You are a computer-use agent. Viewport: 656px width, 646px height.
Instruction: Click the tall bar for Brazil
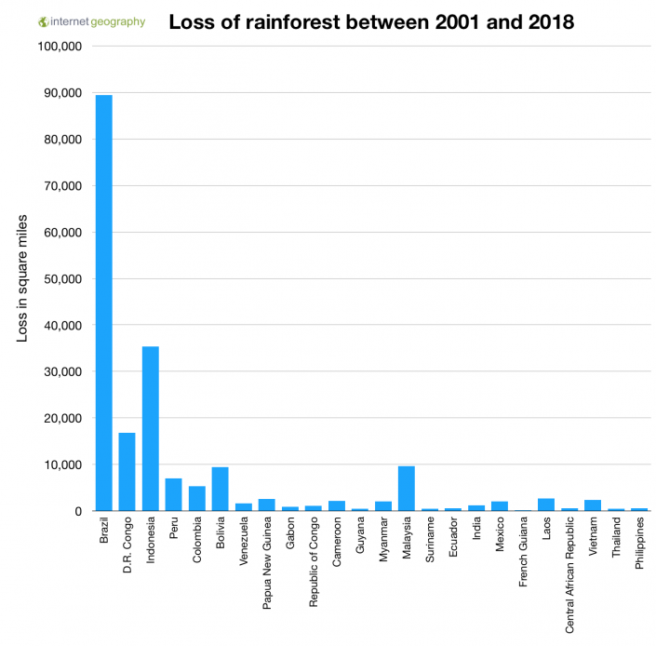pyautogui.click(x=103, y=303)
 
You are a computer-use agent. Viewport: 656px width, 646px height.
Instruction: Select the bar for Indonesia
pyautogui.click(x=150, y=428)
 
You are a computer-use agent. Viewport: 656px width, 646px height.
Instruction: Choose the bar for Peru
pyautogui.click(x=173, y=494)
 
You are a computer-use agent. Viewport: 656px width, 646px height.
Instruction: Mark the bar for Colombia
pyautogui.click(x=196, y=498)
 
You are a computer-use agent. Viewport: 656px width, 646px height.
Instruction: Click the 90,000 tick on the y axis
pyautogui.click(x=62, y=93)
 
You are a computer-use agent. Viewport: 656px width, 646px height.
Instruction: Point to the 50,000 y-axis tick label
pyautogui.click(x=62, y=279)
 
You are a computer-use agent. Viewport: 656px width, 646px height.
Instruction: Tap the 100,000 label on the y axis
pyautogui.click(x=60, y=47)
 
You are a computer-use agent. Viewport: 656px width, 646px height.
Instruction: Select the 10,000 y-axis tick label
pyautogui.click(x=62, y=464)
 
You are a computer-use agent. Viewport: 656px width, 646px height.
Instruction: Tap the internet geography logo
pyautogui.click(x=91, y=21)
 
